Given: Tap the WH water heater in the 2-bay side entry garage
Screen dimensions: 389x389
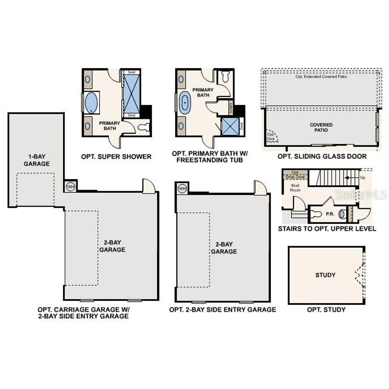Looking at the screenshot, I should pyautogui.click(x=182, y=188).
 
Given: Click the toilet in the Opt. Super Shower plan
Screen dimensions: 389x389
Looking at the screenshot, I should pyautogui.click(x=144, y=127).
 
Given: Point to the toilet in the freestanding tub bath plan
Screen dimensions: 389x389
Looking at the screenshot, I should pyautogui.click(x=225, y=77).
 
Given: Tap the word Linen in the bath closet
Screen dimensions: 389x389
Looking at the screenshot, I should pyautogui.click(x=231, y=108).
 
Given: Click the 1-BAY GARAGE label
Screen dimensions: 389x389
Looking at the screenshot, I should pyautogui.click(x=36, y=160).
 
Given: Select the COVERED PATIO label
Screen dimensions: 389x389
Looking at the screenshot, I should pyautogui.click(x=321, y=127).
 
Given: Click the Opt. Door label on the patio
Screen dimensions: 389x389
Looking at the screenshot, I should pyautogui.click(x=270, y=136).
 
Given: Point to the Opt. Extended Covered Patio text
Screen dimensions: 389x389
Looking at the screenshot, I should pyautogui.click(x=321, y=77).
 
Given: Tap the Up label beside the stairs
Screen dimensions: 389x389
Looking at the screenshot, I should pyautogui.click(x=363, y=177).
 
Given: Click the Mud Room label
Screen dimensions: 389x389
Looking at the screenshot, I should pyautogui.click(x=295, y=187).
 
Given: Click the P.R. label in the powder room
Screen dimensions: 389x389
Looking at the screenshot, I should pyautogui.click(x=330, y=214).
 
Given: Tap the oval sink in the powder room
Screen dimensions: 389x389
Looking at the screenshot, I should pyautogui.click(x=342, y=214).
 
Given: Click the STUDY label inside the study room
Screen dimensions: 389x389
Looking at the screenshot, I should pyautogui.click(x=325, y=275).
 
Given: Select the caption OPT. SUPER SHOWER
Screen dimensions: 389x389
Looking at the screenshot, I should pyautogui.click(x=116, y=157).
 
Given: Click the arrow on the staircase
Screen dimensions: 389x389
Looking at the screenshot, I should pyautogui.click(x=348, y=177).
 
